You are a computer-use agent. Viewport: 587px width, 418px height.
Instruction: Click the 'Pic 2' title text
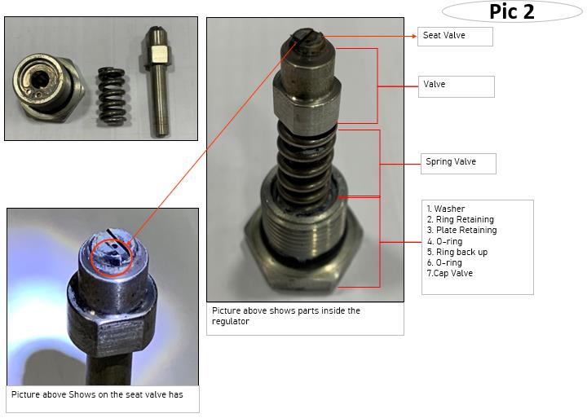[x=512, y=11]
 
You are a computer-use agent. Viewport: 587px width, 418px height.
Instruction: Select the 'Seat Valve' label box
[x=455, y=37]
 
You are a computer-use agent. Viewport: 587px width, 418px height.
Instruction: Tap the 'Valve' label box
[x=456, y=87]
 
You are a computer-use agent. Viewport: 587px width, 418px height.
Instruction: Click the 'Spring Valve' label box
[x=458, y=164]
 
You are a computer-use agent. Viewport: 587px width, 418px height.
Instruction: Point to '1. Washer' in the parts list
[x=445, y=209]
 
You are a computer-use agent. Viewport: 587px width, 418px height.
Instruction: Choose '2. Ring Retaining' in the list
[x=460, y=219]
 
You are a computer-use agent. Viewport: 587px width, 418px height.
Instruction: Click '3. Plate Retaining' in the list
[x=461, y=230]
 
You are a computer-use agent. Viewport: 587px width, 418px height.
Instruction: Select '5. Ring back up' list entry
[x=457, y=252]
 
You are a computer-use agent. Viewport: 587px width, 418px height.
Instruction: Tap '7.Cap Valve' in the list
[x=449, y=273]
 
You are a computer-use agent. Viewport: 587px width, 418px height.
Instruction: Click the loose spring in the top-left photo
[x=112, y=95]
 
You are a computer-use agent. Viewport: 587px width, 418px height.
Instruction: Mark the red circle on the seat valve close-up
[x=112, y=257]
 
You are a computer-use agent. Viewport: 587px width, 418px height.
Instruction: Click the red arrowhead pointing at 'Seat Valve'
[x=414, y=37]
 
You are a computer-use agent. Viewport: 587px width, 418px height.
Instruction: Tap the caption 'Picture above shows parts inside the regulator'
[x=286, y=316]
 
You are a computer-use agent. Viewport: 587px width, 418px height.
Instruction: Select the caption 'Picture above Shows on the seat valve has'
[x=97, y=394]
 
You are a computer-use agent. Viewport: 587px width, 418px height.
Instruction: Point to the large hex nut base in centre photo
[x=303, y=258]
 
